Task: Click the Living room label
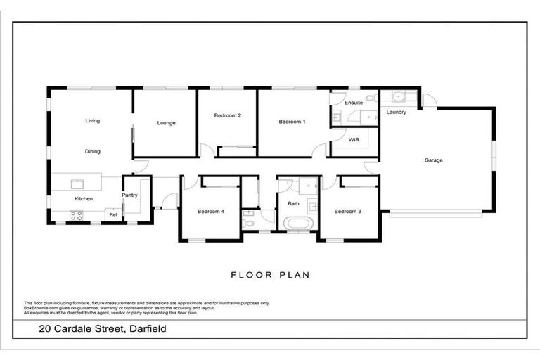point(92,120)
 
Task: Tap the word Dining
point(92,151)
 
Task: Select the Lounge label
point(166,123)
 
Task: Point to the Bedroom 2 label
point(228,115)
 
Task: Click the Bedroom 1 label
point(292,122)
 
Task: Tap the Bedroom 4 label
point(210,212)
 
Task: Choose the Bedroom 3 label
point(347,212)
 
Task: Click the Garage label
point(433,160)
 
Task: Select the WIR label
point(355,140)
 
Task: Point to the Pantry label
point(129,195)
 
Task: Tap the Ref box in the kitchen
point(112,214)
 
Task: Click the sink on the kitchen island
point(77,184)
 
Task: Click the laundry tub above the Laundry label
point(397,98)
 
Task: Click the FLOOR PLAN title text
point(270,275)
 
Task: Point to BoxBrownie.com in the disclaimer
point(39,307)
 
